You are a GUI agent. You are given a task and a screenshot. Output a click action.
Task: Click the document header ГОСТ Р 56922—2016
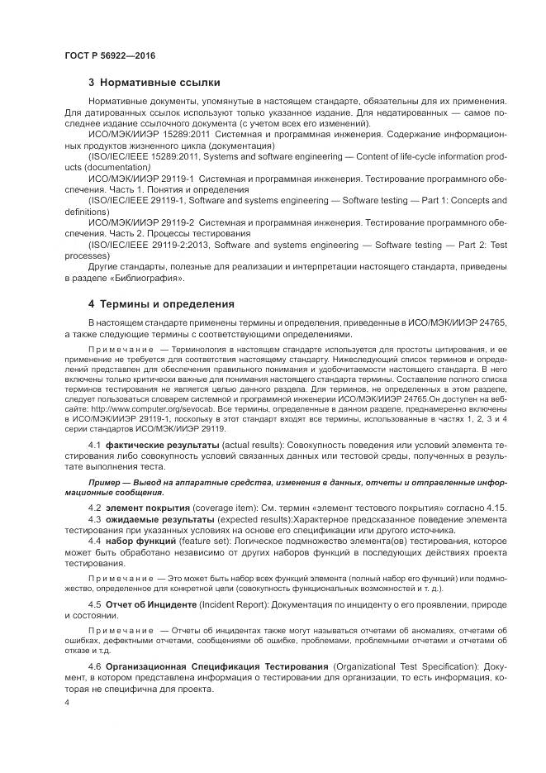[109, 55]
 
